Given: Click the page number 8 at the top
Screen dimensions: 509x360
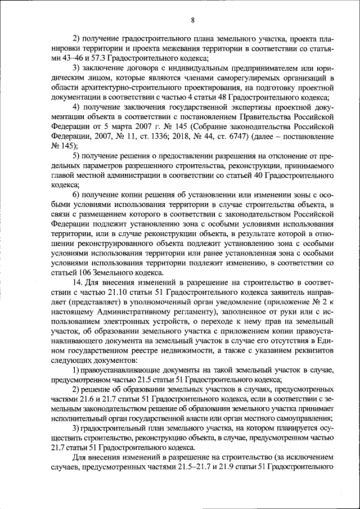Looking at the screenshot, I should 192,21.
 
